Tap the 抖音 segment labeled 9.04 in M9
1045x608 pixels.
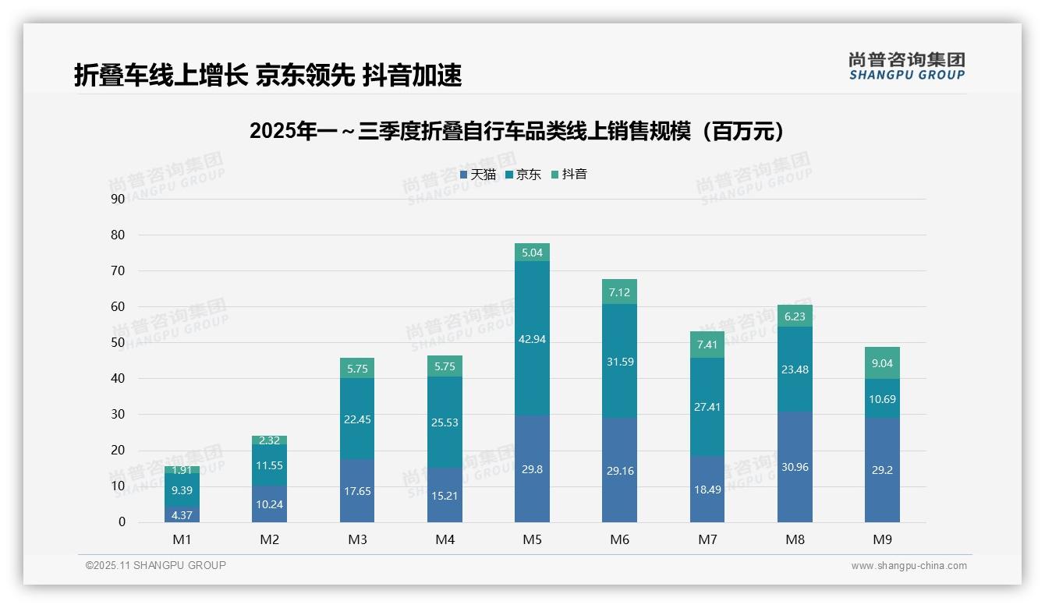[x=882, y=363]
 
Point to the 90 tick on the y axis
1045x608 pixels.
[x=118, y=199]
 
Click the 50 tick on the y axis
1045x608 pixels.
[x=118, y=342]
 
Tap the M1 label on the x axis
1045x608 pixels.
[x=182, y=539]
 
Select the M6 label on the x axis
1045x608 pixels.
[x=619, y=539]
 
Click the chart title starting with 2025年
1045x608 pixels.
[x=516, y=131]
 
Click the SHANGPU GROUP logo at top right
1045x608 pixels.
[x=906, y=66]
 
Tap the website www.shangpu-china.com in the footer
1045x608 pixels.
[x=909, y=566]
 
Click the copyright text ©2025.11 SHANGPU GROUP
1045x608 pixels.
[x=156, y=566]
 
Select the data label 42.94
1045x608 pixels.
[x=532, y=339]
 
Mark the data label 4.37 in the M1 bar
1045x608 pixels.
[x=182, y=515]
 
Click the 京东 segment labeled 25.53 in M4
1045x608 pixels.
[x=445, y=422]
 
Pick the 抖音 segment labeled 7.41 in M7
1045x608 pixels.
[x=707, y=345]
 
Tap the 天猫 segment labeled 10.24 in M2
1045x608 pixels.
[x=269, y=504]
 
